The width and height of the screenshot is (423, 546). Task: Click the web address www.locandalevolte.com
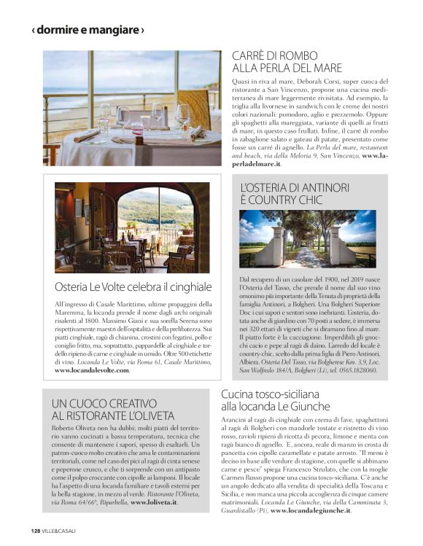pos(92,371)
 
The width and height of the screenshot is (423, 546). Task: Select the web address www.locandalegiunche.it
pos(311,512)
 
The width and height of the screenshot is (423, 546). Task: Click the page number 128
pos(36,530)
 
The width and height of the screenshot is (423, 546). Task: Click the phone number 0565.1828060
pos(357,371)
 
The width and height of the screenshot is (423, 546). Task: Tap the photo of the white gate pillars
pos(308,238)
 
